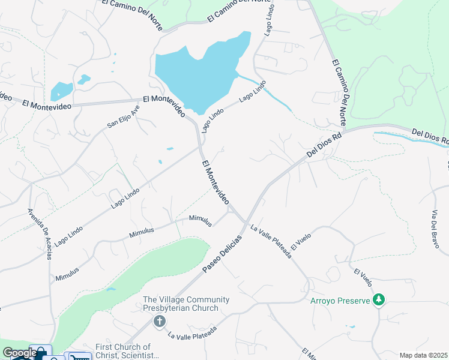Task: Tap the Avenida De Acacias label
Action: [39, 235]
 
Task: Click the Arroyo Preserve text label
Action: [340, 300]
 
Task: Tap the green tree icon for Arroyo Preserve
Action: [379, 299]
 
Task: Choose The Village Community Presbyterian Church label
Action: [185, 304]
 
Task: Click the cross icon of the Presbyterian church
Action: [160, 322]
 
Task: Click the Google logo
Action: [19, 353]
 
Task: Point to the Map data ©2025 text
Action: [423, 355]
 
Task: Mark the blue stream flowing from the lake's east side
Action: [270, 92]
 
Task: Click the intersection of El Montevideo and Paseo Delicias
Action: [245, 222]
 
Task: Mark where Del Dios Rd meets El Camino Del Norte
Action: [345, 130]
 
